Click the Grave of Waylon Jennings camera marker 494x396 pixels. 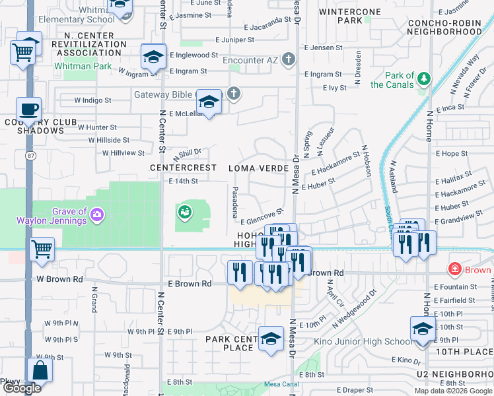tap(97, 214)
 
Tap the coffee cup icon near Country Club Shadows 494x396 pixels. tap(28, 109)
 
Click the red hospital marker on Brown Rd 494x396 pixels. tap(454, 269)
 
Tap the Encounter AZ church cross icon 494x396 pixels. tap(287, 60)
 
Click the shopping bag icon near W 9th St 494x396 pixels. tap(40, 370)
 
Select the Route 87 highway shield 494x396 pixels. tap(31, 155)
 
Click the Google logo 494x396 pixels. tap(22, 388)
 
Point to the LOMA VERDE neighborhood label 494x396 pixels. tap(258, 168)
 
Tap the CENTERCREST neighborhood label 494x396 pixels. tap(183, 168)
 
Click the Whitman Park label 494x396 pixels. tap(83, 66)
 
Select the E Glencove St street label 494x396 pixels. tap(262, 216)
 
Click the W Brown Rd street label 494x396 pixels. tap(59, 279)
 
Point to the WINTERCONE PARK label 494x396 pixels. tap(349, 16)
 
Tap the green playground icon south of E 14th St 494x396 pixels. tap(185, 212)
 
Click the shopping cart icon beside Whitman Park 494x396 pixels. tap(23, 50)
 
